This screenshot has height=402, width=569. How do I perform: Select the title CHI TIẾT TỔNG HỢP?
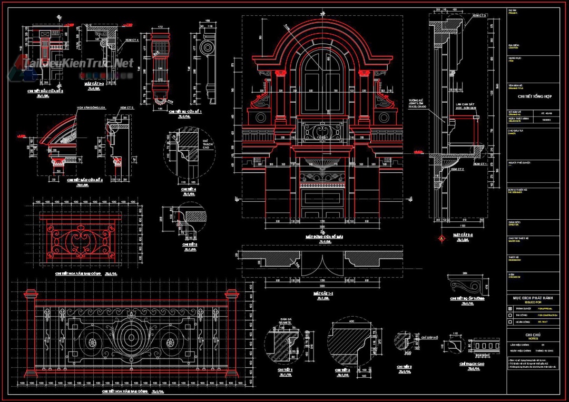pyautogui.click(x=533, y=96)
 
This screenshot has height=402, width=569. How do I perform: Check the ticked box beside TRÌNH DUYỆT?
pyautogui.click(x=509, y=309)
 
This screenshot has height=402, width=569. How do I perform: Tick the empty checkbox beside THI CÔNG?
pyautogui.click(x=509, y=315)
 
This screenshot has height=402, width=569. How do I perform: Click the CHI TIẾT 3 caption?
pyautogui.click(x=342, y=370)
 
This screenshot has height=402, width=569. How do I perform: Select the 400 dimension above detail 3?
pyautogui.click(x=350, y=321)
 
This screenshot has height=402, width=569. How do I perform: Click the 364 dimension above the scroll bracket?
pyautogui.click(x=464, y=273)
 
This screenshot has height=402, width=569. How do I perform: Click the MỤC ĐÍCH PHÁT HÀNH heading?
pyautogui.click(x=533, y=298)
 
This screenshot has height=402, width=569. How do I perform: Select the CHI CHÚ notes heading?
pyautogui.click(x=533, y=335)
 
